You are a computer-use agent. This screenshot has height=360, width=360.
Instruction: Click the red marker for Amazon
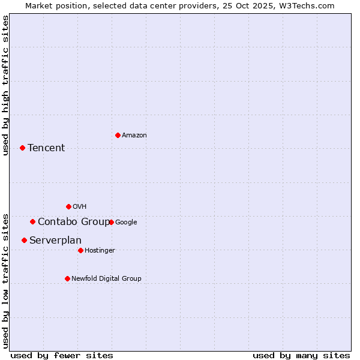tap(118, 135)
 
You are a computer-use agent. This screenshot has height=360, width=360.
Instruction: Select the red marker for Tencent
tap(22, 148)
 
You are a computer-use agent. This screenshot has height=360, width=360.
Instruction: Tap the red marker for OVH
tap(68, 206)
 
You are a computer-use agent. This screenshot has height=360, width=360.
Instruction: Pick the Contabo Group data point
tap(32, 221)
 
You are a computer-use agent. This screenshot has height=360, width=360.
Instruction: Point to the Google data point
tap(111, 222)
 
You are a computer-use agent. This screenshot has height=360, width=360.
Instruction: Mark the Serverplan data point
tap(24, 240)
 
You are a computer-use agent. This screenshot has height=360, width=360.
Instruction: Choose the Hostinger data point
tap(80, 250)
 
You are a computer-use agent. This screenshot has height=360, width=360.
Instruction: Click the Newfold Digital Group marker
tap(67, 278)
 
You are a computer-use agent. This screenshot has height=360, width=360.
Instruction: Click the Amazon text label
tap(134, 136)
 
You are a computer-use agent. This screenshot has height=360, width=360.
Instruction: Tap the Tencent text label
tap(46, 148)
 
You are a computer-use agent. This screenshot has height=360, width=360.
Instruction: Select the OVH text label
tap(80, 207)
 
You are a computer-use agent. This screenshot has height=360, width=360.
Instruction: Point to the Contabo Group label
tap(74, 222)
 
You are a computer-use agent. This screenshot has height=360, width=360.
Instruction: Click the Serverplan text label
tap(55, 241)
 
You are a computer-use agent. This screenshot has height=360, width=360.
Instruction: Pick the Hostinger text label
tap(100, 251)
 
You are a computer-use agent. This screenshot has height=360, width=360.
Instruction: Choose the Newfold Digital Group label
tap(106, 279)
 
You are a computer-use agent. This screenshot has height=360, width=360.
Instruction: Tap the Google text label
tap(126, 223)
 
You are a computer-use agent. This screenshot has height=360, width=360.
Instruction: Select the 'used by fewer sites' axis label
tap(62, 355)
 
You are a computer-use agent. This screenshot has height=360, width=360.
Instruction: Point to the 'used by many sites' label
tap(301, 355)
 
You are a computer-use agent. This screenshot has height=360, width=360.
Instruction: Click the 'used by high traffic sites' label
tap(6, 85)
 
